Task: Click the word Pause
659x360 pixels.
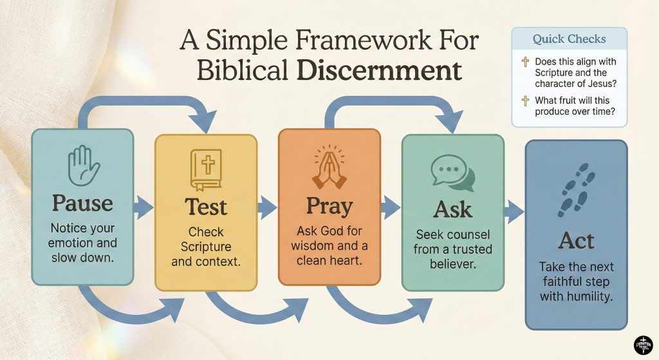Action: point(82,204)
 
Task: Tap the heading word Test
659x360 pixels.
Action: point(206,207)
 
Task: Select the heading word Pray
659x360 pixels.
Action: point(328,206)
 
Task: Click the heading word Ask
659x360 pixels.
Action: point(452,210)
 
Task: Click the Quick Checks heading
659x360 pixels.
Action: point(569,39)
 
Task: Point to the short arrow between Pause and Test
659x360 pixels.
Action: point(143,207)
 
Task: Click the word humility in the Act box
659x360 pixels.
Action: point(593,297)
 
